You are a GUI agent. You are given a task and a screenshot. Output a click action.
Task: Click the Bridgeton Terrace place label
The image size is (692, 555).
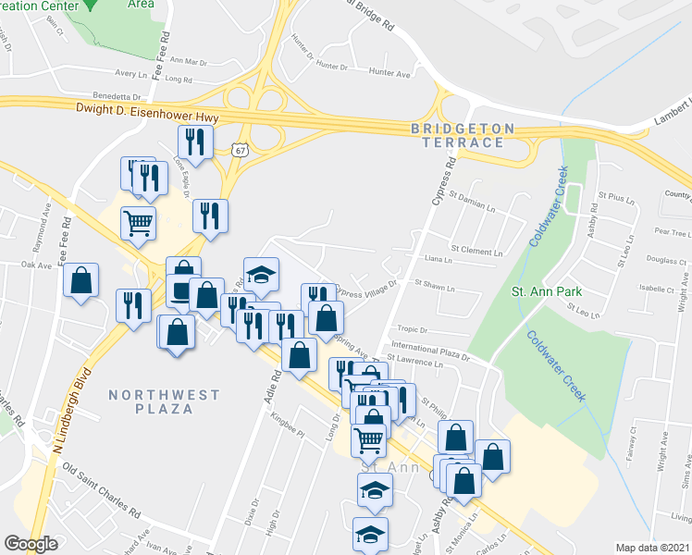[459, 135]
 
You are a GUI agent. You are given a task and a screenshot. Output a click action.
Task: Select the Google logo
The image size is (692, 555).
[31, 544]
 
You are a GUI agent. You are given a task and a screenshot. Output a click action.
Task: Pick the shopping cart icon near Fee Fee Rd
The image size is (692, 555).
[138, 222]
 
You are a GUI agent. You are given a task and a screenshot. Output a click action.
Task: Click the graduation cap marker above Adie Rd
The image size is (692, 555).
[261, 273]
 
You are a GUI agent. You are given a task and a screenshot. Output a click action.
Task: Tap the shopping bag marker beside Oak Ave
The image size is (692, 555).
[81, 279]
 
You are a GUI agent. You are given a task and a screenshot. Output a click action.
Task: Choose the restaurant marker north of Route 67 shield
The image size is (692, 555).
[195, 141]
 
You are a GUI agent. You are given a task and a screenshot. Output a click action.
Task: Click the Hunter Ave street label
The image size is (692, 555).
[389, 71]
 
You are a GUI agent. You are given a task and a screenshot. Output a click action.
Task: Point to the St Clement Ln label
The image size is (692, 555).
[476, 251]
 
